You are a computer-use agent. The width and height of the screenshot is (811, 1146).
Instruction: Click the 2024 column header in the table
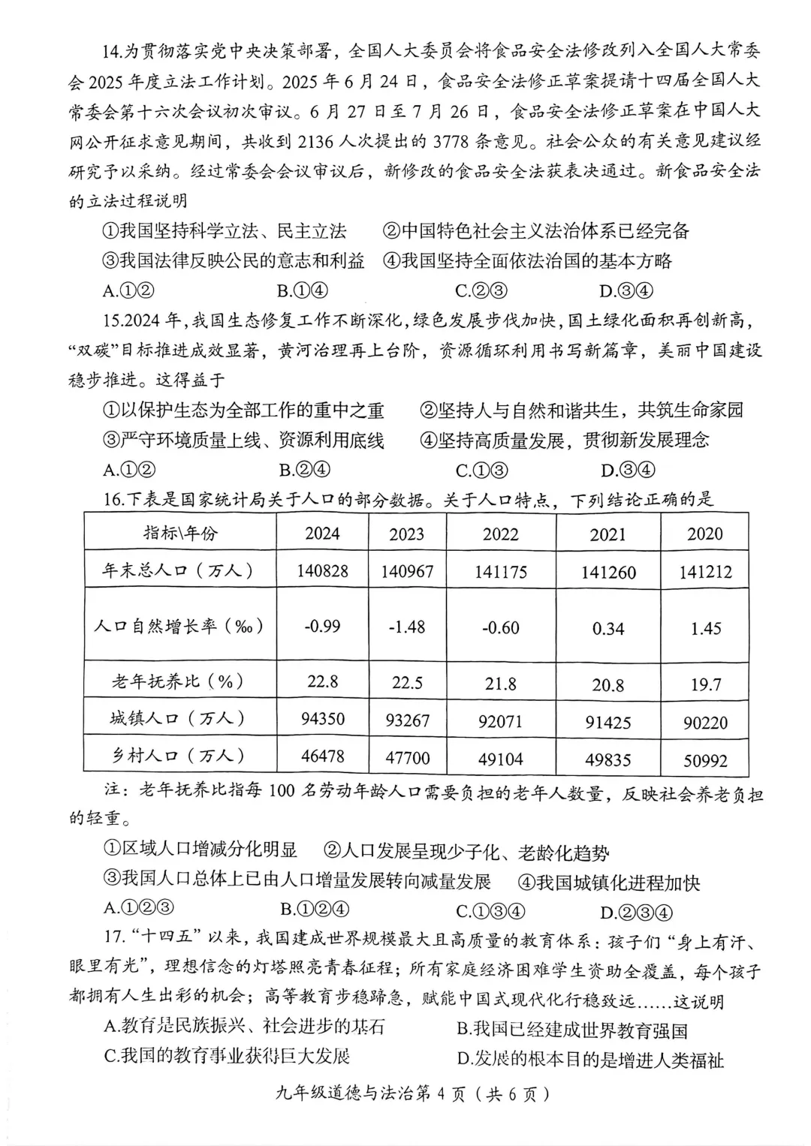[322, 534]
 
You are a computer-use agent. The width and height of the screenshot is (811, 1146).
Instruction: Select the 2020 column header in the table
[704, 534]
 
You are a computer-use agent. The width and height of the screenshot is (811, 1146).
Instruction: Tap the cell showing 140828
[322, 571]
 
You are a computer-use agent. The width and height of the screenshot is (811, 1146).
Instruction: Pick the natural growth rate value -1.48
[407, 626]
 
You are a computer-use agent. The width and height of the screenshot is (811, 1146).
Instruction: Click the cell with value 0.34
[607, 628]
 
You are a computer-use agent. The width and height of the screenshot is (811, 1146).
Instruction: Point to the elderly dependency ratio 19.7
[704, 684]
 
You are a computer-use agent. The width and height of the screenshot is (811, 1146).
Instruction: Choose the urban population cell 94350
[322, 719]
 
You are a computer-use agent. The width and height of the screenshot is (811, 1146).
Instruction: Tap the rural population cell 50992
[704, 760]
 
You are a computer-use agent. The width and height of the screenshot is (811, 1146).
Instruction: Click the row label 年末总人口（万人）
[179, 570]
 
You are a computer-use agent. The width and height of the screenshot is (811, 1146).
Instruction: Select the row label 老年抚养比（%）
[179, 681]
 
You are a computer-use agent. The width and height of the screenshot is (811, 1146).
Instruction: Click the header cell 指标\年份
[180, 533]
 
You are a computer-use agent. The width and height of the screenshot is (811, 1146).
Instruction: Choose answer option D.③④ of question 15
[628, 471]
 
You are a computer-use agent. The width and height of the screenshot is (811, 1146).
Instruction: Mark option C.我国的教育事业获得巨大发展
[228, 1056]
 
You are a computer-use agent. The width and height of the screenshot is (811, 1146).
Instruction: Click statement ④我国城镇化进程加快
[609, 883]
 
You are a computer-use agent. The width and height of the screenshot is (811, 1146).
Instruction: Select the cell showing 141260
[607, 573]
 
